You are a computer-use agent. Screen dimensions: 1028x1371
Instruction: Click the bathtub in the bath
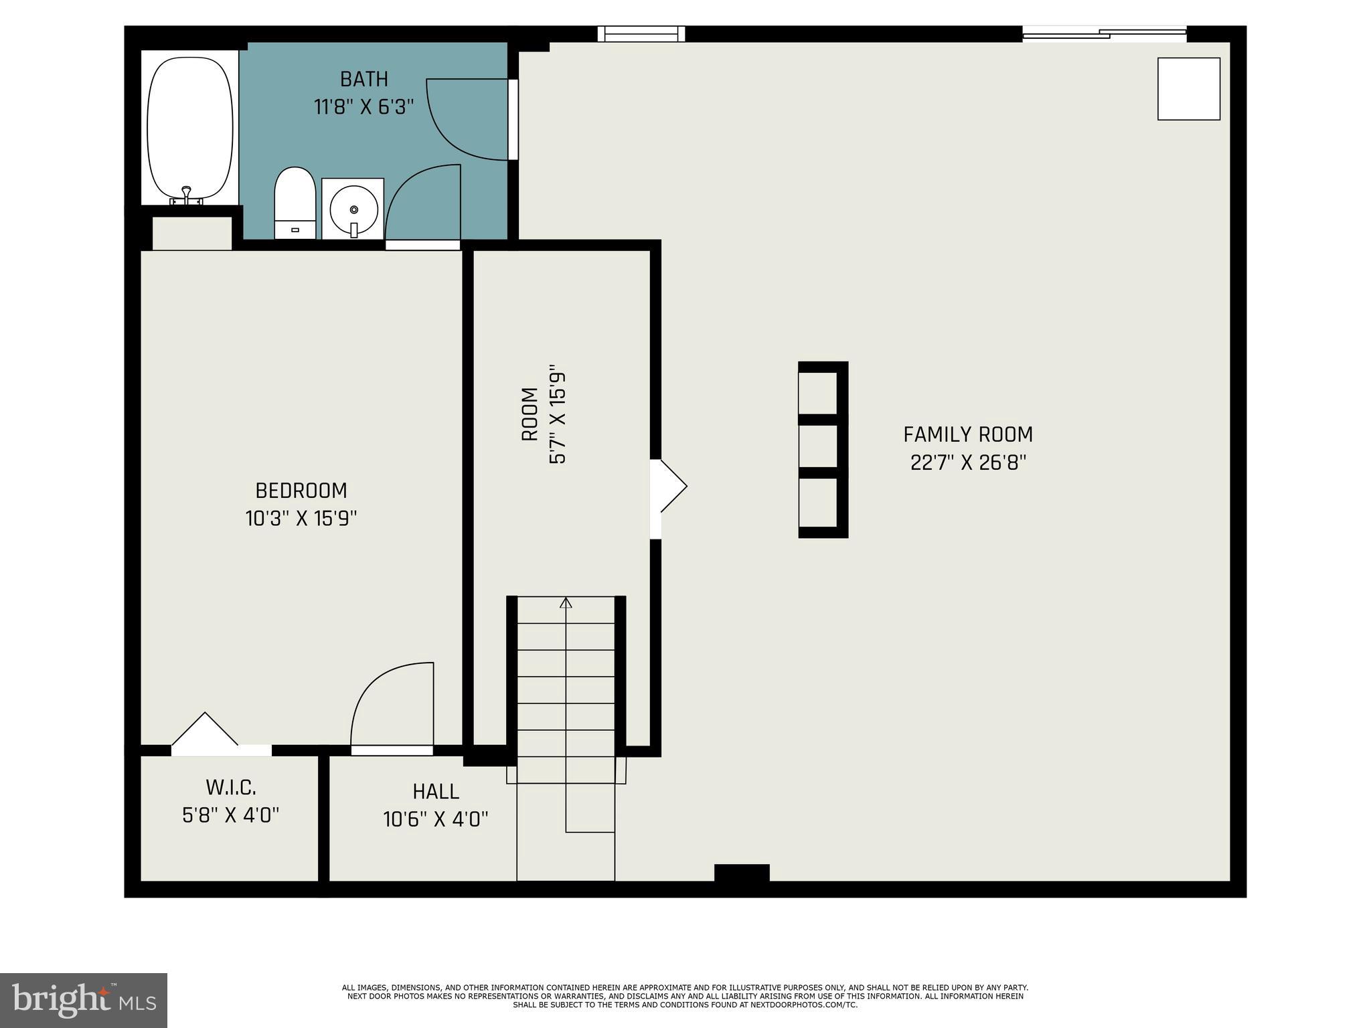point(190,127)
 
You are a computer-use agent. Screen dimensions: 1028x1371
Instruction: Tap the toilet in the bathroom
point(295,202)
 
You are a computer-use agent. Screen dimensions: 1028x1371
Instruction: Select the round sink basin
point(353,209)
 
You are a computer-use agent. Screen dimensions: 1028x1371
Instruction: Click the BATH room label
point(364,80)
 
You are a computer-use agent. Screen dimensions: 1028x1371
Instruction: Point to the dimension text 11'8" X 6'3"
point(364,107)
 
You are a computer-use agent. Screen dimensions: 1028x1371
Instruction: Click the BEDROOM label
point(301,491)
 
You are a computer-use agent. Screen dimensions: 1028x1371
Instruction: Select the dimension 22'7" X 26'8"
point(968,462)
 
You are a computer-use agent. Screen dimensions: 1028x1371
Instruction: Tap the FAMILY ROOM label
point(968,435)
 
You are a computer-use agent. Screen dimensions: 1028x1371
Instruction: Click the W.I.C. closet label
point(230,787)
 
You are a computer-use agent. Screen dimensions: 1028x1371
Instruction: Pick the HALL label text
point(436,792)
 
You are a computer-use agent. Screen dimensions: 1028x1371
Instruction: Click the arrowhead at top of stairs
point(566,602)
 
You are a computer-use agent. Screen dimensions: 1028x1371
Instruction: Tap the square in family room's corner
point(1188,89)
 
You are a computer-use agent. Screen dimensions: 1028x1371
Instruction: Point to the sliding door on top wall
point(1105,33)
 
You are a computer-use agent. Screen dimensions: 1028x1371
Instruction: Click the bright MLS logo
point(84,1000)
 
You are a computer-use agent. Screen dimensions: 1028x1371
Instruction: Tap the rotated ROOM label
point(530,414)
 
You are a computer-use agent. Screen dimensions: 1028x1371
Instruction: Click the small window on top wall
point(641,33)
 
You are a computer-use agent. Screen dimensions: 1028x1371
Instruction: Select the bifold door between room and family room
point(669,487)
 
